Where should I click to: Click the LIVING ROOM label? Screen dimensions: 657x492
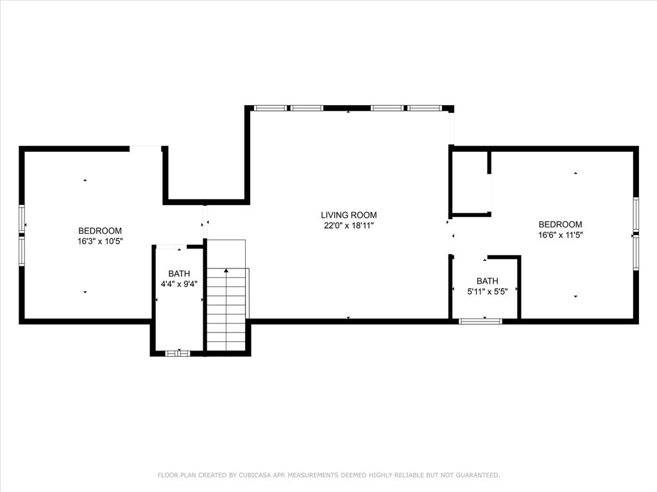tap(348, 215)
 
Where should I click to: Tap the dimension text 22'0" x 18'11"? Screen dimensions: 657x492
tap(348, 226)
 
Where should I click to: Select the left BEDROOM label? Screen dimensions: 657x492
tap(100, 231)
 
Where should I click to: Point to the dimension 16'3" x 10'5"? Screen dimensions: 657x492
tap(100, 242)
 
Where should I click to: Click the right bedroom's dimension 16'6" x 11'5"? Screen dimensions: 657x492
tap(561, 235)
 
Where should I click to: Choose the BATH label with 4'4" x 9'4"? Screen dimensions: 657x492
tap(179, 274)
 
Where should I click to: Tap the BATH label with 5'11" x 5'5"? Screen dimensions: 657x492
tap(488, 281)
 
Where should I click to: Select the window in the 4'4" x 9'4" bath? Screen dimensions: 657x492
tap(178, 354)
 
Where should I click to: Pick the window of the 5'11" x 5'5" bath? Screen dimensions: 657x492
tap(480, 322)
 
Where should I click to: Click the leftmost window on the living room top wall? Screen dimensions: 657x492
tap(271, 108)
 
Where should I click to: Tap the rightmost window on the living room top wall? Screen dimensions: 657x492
tap(425, 108)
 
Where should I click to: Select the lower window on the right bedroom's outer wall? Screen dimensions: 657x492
tap(636, 252)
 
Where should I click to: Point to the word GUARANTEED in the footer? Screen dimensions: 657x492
tap(477, 475)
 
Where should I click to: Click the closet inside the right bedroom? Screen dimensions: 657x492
tap(469, 183)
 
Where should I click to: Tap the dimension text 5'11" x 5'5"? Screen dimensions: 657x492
tap(488, 291)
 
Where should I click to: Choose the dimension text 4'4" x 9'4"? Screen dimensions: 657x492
tap(179, 284)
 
